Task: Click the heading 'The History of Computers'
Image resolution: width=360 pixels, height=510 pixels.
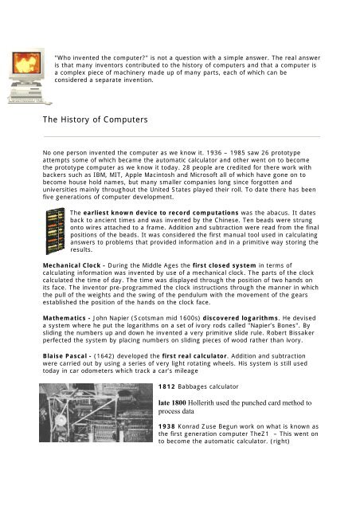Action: pyautogui.click(x=96, y=120)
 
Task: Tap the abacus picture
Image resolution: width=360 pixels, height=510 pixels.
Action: pyautogui.click(x=55, y=228)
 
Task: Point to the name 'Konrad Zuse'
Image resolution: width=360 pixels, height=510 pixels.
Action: pyautogui.click(x=213, y=437)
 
